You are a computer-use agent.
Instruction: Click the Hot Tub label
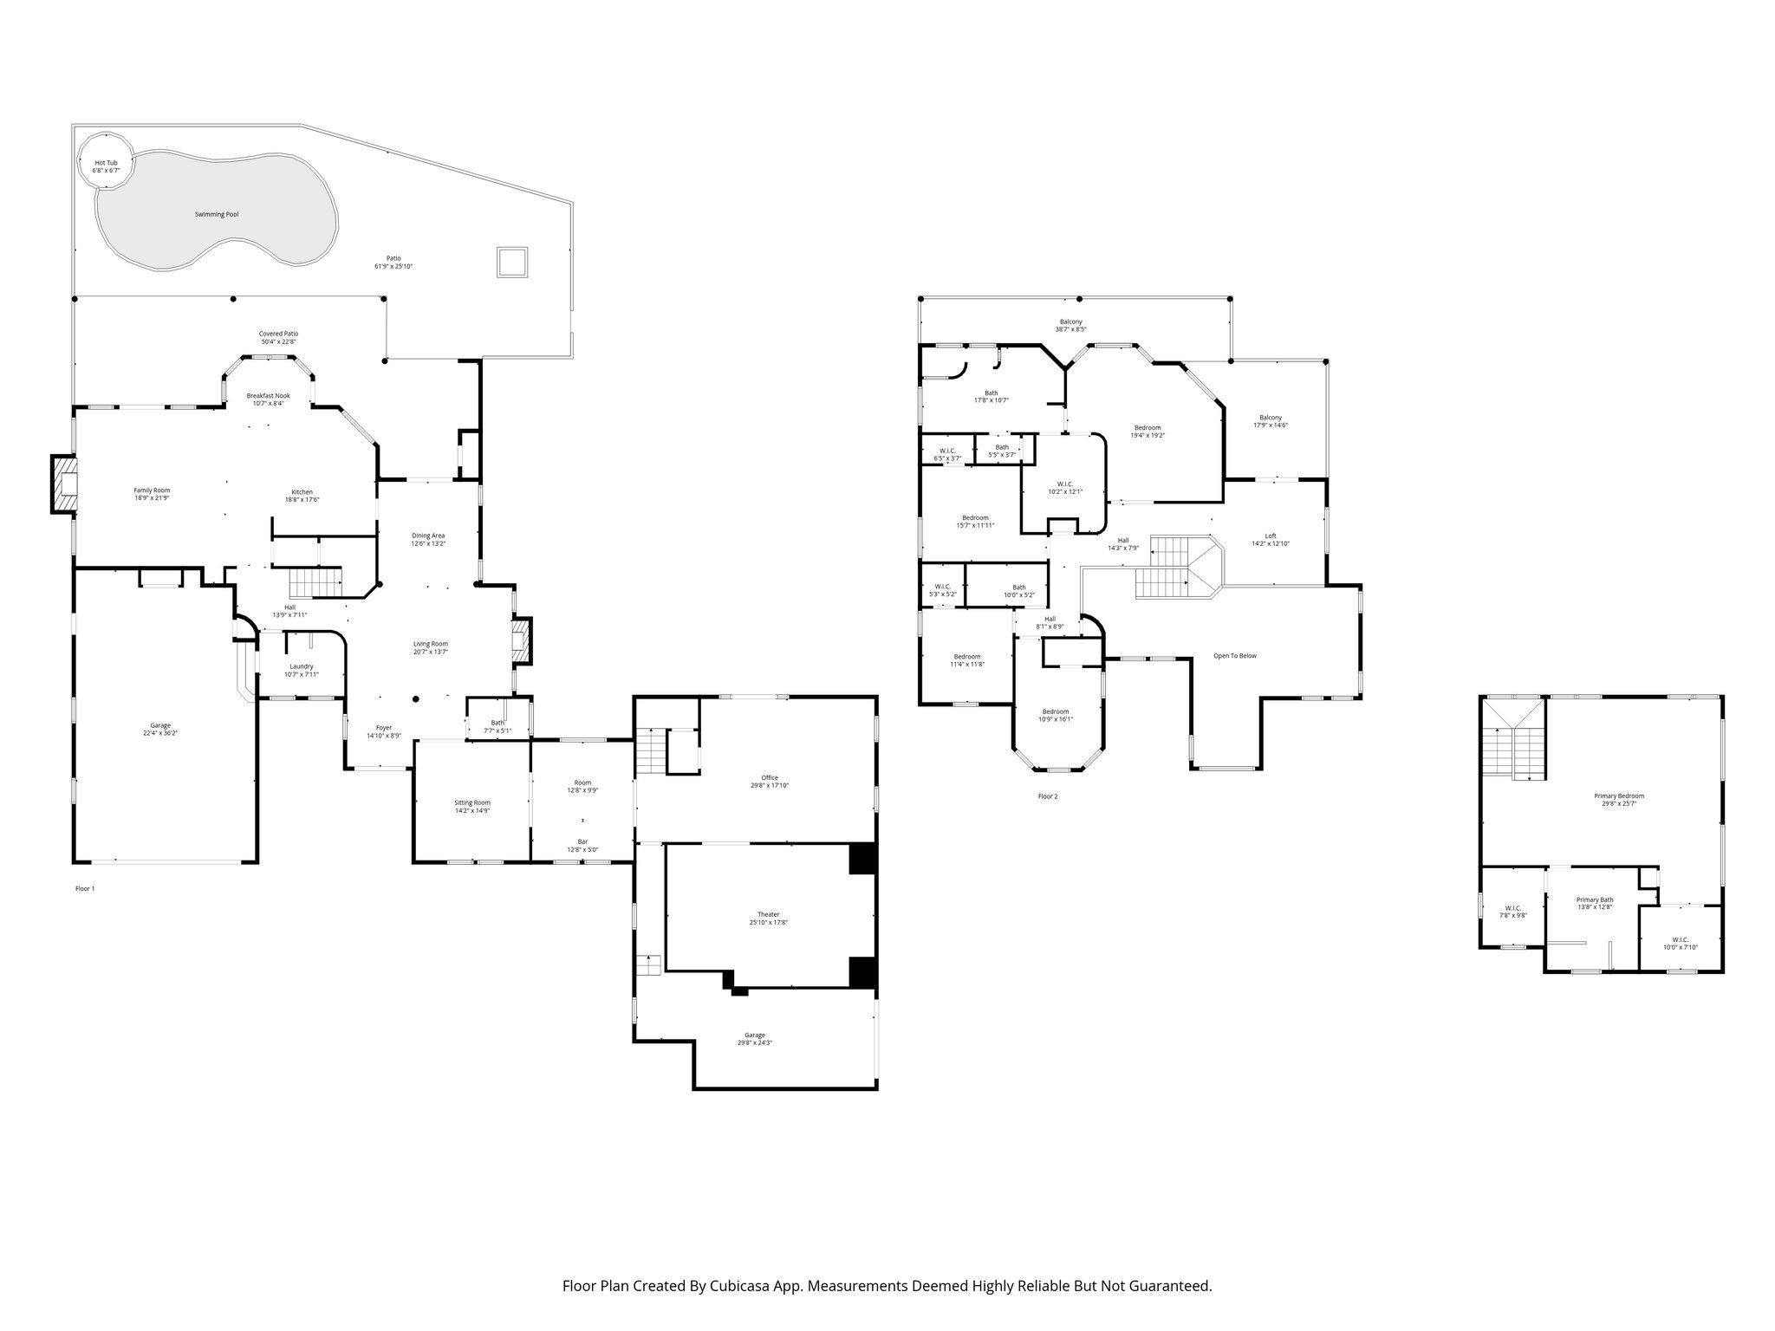click(106, 163)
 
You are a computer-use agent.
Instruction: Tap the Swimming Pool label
click(216, 214)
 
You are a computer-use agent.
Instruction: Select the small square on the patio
click(511, 262)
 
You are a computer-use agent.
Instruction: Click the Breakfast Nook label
click(268, 395)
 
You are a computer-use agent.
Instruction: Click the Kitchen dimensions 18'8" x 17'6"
click(302, 500)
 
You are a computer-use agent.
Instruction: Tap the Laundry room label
click(301, 665)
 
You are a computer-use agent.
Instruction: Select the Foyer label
click(383, 727)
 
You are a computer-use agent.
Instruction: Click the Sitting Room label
click(472, 802)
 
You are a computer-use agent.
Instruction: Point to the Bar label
click(582, 841)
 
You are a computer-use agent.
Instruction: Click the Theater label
click(768, 914)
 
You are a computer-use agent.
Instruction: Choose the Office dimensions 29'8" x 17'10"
click(770, 785)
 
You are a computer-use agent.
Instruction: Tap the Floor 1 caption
click(84, 888)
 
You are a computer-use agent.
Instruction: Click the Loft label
click(1271, 536)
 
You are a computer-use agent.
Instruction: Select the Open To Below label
click(1234, 655)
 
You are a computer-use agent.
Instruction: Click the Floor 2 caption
click(1048, 795)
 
